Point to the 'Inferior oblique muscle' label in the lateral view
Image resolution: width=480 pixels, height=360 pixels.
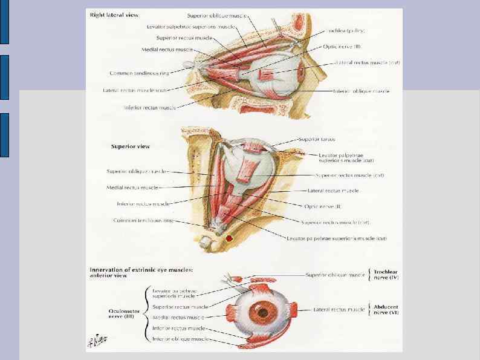click(362, 91)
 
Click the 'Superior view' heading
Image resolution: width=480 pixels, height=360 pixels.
click(131, 146)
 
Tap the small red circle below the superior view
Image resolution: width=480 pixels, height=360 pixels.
click(229, 240)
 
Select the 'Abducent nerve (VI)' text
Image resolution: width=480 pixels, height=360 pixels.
click(390, 310)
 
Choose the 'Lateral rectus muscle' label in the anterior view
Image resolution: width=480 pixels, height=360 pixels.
click(339, 310)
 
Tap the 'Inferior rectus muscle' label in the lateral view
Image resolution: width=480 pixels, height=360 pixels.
click(149, 108)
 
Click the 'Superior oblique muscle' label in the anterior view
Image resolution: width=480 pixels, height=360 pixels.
click(336, 275)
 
